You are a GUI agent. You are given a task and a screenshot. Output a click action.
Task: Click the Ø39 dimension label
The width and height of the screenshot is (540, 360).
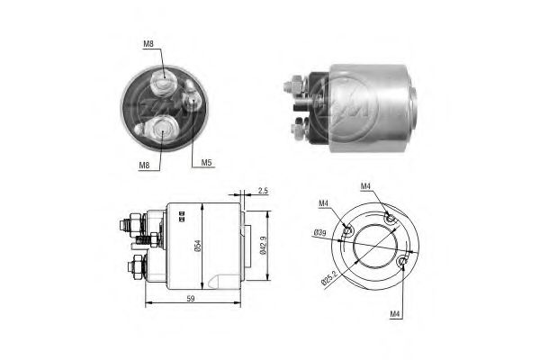point(319,234)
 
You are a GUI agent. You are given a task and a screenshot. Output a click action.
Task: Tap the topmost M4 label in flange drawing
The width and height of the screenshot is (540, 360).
point(366,186)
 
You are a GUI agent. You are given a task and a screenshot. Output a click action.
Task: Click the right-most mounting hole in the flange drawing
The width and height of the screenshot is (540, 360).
point(401,262)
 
